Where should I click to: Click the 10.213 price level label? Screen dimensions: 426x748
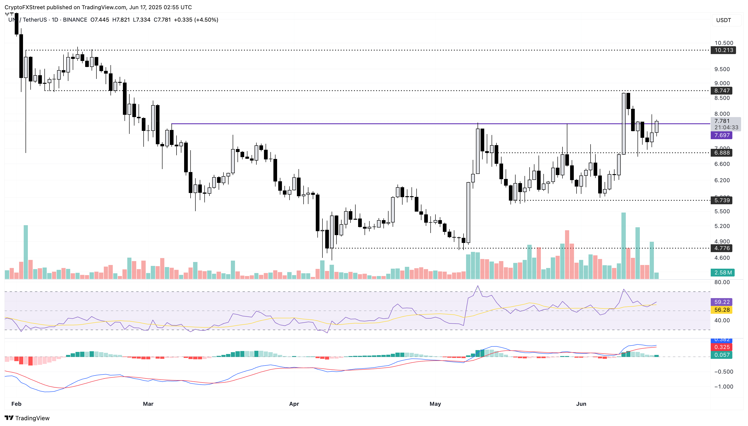click(x=723, y=50)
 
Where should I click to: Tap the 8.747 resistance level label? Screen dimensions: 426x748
click(x=722, y=91)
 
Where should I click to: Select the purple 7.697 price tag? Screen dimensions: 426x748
click(x=722, y=135)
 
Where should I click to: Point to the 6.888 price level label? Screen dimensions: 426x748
click(x=722, y=153)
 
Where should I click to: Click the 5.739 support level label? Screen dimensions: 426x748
click(x=722, y=200)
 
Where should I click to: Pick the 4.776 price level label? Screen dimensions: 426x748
click(x=722, y=248)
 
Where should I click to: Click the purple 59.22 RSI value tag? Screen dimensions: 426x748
click(x=722, y=302)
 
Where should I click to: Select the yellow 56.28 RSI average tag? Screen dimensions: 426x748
click(x=722, y=310)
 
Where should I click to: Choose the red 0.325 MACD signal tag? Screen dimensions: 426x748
click(x=722, y=347)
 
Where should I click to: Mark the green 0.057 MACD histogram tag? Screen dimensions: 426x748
click(x=722, y=355)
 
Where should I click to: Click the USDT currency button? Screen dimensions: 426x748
click(x=723, y=20)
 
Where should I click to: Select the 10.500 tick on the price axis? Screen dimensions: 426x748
click(x=724, y=43)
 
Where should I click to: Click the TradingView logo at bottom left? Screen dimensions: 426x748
click(x=27, y=418)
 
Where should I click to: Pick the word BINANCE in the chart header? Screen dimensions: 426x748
click(x=75, y=20)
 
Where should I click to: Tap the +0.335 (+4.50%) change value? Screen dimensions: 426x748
click(x=196, y=20)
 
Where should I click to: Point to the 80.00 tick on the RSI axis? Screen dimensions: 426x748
click(x=722, y=282)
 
